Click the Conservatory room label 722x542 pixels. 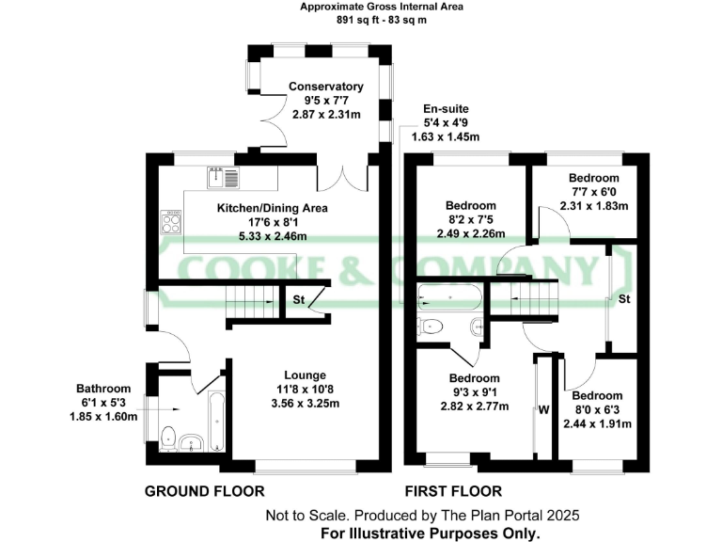pyautogui.click(x=326, y=87)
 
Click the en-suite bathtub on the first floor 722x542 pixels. pyautogui.click(x=450, y=298)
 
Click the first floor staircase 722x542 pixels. pyautogui.click(x=532, y=298)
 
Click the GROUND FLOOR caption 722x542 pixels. pyautogui.click(x=204, y=490)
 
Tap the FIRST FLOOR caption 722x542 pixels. pyautogui.click(x=453, y=490)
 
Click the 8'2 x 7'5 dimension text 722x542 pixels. pyautogui.click(x=471, y=220)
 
